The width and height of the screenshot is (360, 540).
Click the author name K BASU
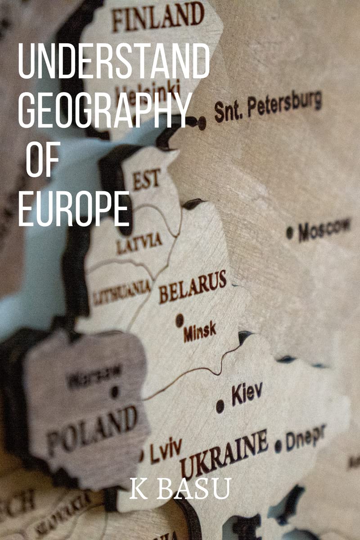(180, 489)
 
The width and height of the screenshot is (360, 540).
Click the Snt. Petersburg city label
(268, 106)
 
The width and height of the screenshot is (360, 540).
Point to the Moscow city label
(324, 229)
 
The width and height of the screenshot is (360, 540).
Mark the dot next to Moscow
(290, 233)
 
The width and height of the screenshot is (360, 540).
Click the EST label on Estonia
(146, 180)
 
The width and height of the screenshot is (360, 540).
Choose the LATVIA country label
(139, 243)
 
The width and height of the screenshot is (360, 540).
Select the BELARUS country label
(192, 287)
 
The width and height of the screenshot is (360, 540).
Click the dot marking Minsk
(180, 320)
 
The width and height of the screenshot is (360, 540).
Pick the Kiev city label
(247, 393)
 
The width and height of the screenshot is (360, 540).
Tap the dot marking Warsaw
(115, 391)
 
